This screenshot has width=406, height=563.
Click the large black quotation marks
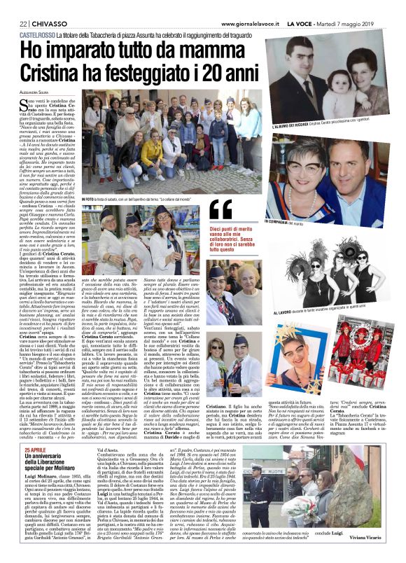pyautogui.click(x=220, y=209)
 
